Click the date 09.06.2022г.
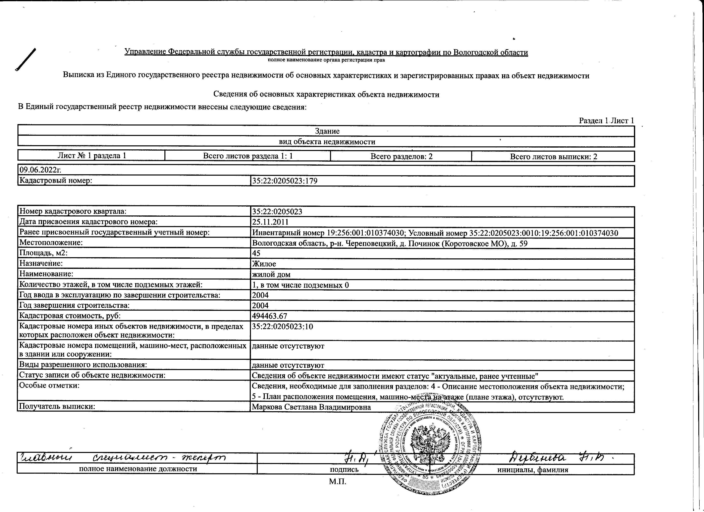pos(39,170)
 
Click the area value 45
pos(256,253)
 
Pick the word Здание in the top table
pos(327,131)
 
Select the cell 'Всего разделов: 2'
pos(401,156)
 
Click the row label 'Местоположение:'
pos(51,243)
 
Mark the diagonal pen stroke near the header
pos(26,60)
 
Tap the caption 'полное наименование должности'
pos(138,469)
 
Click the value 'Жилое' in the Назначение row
pos(264,264)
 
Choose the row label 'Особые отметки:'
pos(49,386)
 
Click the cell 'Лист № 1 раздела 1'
pos(92,156)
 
